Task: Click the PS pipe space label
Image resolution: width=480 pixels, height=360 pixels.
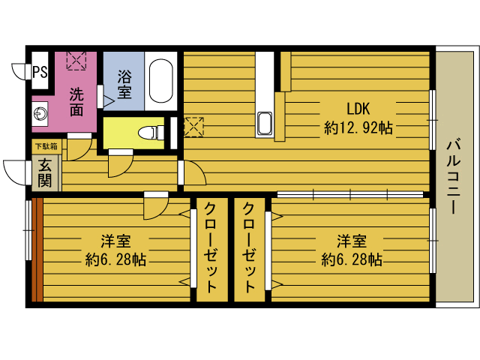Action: pyautogui.click(x=40, y=72)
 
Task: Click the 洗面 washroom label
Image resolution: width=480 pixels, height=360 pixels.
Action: pyautogui.click(x=76, y=102)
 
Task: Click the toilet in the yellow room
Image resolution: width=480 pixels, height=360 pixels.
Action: pyautogui.click(x=154, y=133)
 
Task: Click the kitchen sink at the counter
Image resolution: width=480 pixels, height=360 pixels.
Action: pyautogui.click(x=265, y=122)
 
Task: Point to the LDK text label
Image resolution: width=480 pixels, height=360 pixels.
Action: pyautogui.click(x=358, y=107)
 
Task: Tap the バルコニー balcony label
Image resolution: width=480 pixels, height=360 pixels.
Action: pyautogui.click(x=454, y=177)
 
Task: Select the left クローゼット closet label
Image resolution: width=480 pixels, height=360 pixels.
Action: pyautogui.click(x=211, y=247)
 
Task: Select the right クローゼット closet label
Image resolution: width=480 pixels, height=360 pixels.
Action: pyautogui.click(x=249, y=247)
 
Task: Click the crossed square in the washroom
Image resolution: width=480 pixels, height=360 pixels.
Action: pyautogui.click(x=76, y=60)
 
